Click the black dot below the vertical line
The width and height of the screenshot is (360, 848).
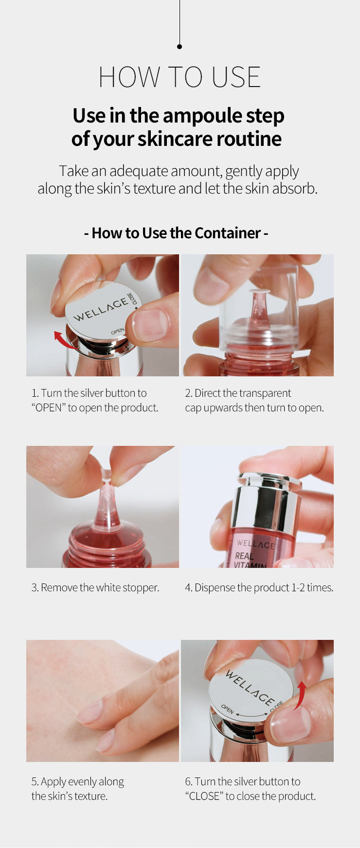click(180, 47)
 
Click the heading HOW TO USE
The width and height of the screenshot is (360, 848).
click(180, 77)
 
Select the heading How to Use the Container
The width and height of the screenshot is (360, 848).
click(176, 233)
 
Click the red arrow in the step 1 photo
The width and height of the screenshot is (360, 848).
click(63, 340)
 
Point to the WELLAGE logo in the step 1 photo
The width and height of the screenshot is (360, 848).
click(101, 310)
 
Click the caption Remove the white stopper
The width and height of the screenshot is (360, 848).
click(95, 587)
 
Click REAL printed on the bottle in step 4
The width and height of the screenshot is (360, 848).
click(244, 555)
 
